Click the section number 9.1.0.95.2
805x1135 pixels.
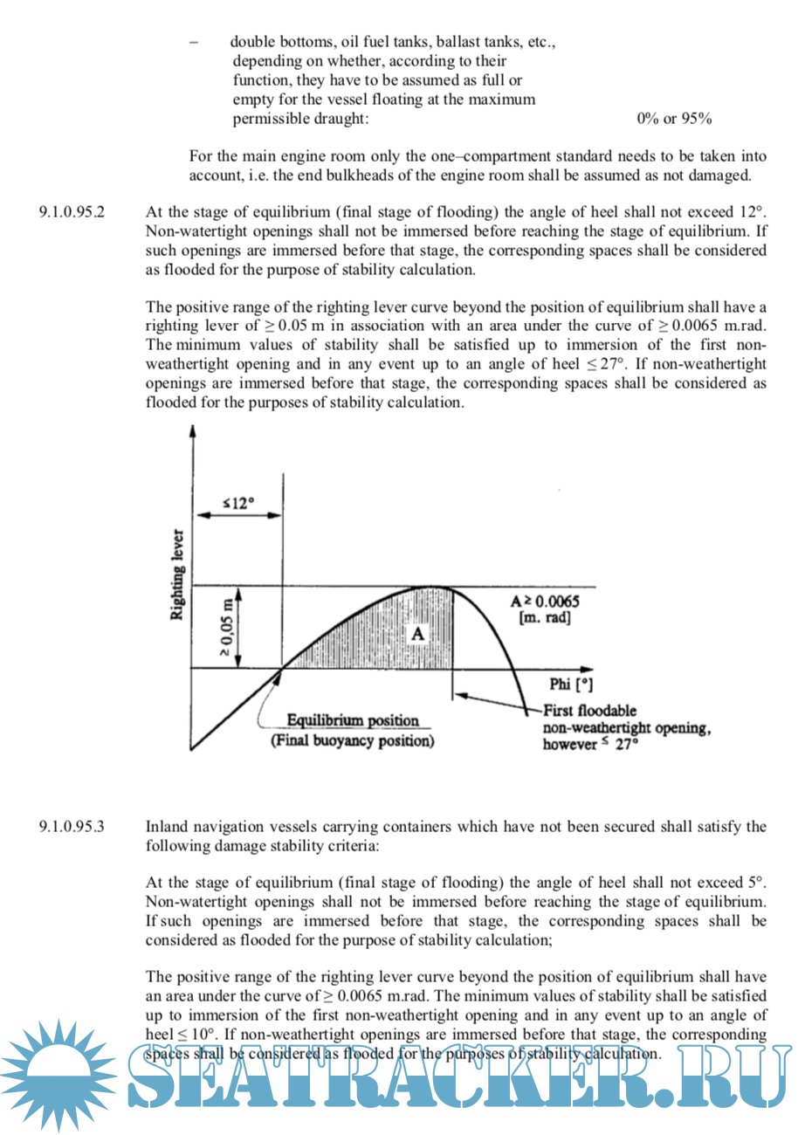[72, 211]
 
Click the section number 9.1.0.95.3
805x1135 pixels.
[72, 826]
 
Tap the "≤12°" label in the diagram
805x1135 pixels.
[237, 503]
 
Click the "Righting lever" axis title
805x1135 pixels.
[178, 574]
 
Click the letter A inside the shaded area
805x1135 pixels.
[418, 634]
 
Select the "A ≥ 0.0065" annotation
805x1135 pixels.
[545, 602]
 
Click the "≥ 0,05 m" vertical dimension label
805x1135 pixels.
[226, 627]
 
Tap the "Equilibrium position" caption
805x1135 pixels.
[354, 721]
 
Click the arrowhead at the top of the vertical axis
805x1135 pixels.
[192, 430]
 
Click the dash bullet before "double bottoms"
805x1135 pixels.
[193, 42]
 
